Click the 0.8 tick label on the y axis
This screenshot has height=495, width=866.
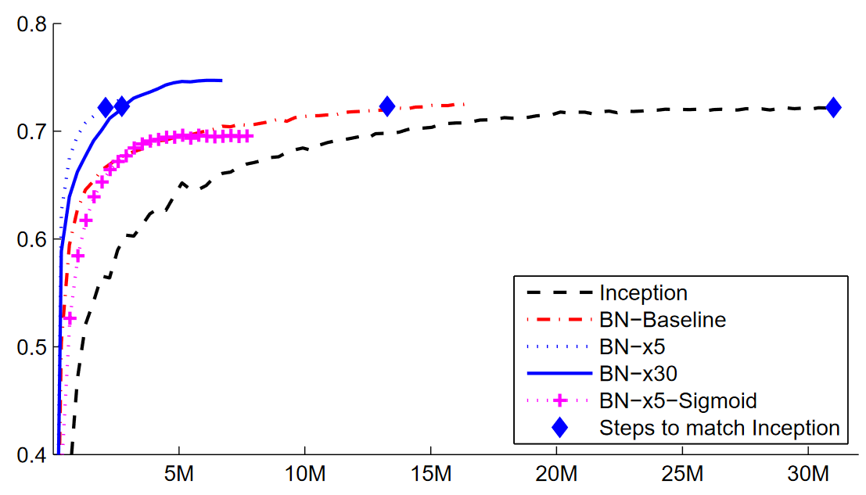coord(29,24)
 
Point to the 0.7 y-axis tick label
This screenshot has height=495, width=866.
coord(29,131)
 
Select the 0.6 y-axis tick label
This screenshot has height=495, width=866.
coord(29,239)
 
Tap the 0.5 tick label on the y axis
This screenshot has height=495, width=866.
coord(29,346)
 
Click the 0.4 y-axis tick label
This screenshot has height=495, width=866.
coord(29,454)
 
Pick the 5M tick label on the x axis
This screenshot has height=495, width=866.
coord(179,475)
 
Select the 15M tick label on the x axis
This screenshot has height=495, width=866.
coord(430,475)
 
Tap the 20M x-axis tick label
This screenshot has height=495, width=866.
coord(556,475)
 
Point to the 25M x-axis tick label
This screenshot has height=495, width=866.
coord(682,475)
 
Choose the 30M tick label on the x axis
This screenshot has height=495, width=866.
coord(807,475)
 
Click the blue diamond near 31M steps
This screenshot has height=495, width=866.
coord(833,107)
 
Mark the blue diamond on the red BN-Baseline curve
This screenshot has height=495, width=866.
coord(386,106)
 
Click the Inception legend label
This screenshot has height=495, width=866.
coord(643,293)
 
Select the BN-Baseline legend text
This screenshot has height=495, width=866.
coord(662,320)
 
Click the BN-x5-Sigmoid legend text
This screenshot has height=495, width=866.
coord(678,401)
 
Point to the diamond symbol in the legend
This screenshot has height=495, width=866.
coord(560,428)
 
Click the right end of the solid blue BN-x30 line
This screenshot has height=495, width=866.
coord(221,80)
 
